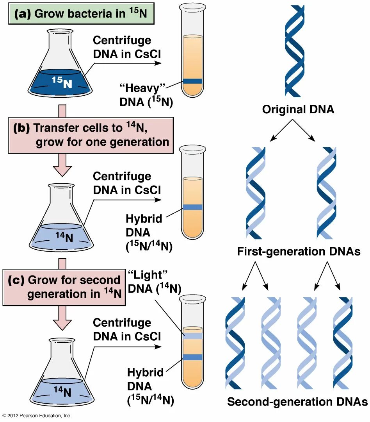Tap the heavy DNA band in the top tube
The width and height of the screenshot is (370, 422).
[x=192, y=81]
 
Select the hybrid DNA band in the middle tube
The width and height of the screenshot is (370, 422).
[x=192, y=207]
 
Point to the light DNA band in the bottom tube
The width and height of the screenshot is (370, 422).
[x=192, y=335]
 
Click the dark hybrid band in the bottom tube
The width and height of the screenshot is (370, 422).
[x=192, y=357]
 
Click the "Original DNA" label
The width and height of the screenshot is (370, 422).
[x=298, y=109]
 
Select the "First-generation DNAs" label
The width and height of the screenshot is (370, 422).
[x=299, y=252]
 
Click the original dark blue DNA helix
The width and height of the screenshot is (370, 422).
[x=294, y=51]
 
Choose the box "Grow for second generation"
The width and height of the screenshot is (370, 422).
[x=64, y=287]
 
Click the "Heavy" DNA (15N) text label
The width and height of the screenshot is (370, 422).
[x=147, y=95]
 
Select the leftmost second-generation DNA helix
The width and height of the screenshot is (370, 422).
[x=235, y=343]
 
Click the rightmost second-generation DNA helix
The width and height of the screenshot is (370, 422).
[x=342, y=343]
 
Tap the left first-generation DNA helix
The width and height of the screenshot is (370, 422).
[x=256, y=193]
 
